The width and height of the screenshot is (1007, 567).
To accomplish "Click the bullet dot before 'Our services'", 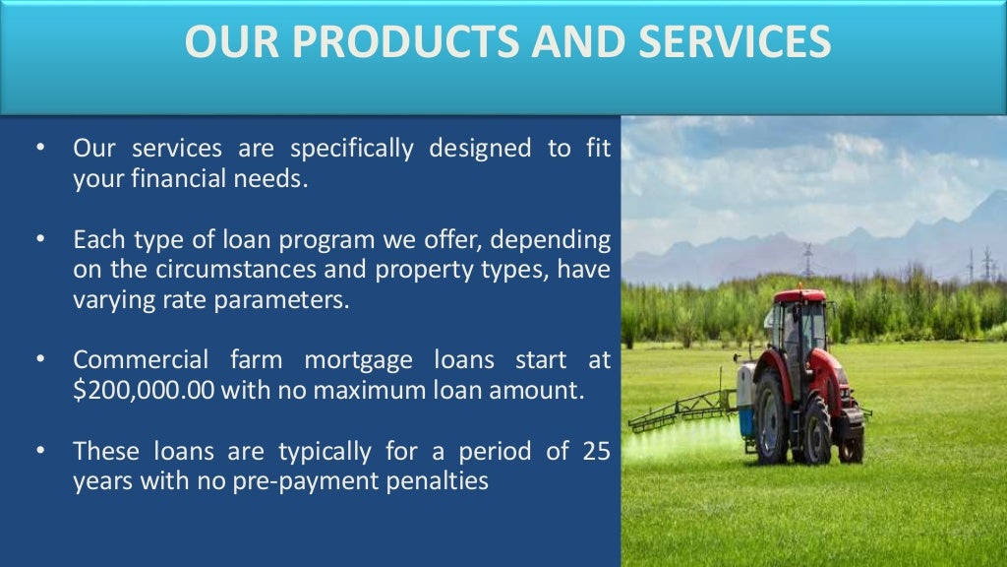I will [41, 149].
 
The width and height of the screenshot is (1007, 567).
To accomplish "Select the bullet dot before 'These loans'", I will [41, 452].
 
